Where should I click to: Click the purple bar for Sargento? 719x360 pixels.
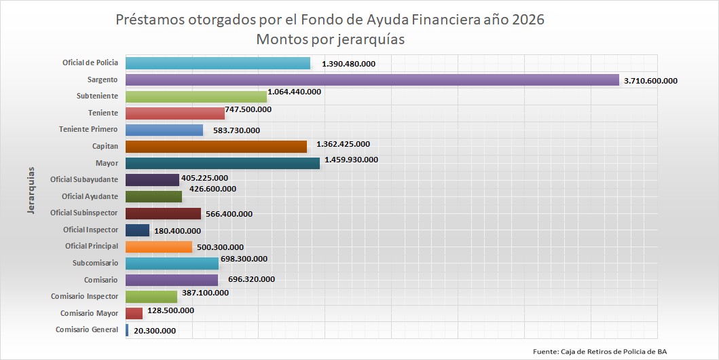372,79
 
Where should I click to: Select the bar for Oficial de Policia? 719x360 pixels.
218,63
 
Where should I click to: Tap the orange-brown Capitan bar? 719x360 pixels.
216,146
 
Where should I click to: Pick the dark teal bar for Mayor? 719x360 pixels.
223,163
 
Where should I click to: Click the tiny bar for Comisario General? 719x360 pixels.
127,330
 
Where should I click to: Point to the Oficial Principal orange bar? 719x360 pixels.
159,247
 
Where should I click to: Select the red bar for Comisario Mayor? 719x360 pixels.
134,313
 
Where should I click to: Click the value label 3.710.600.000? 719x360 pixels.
650,81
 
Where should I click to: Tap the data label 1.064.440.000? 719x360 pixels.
294,91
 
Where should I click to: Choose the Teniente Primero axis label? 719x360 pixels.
88,129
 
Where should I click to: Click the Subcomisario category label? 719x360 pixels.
95,263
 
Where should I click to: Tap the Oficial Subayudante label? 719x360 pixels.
84,180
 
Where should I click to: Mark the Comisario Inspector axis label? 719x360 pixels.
84,296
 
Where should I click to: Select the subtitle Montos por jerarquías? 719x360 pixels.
330,39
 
